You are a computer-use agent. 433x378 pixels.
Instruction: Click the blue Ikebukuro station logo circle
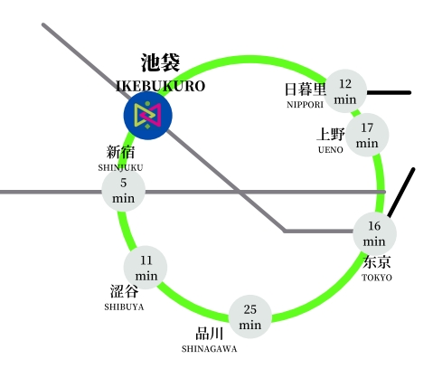click(x=148, y=116)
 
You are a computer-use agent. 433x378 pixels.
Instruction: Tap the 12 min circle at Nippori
click(x=345, y=91)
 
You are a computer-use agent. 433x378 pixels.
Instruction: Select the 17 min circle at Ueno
click(x=367, y=135)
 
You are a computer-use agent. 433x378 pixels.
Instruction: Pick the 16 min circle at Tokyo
click(x=374, y=233)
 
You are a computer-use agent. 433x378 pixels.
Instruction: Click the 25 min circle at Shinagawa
click(x=250, y=317)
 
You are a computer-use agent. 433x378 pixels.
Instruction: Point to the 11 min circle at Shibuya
click(x=146, y=268)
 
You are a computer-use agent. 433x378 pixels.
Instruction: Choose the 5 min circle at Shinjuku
click(x=124, y=191)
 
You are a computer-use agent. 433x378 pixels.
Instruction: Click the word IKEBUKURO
click(x=161, y=86)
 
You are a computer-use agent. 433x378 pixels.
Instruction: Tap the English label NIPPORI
click(x=305, y=105)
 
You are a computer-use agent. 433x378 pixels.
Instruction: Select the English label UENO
click(x=331, y=149)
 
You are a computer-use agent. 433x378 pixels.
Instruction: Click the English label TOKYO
click(x=377, y=278)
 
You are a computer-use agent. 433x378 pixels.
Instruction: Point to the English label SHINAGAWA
click(x=209, y=349)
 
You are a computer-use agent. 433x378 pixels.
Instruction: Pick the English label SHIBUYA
click(x=124, y=307)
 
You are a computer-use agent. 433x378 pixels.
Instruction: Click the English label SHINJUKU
click(x=120, y=167)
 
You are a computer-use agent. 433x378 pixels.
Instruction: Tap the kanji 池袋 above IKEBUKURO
click(x=160, y=62)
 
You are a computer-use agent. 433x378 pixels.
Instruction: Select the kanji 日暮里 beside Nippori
click(x=306, y=90)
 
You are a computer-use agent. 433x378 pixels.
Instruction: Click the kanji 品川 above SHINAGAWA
click(x=210, y=334)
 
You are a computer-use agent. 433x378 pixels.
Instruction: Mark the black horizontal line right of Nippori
click(x=389, y=93)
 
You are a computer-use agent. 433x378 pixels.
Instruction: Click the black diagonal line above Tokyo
click(x=401, y=193)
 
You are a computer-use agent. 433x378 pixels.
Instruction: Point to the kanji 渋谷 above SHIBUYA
click(x=124, y=291)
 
